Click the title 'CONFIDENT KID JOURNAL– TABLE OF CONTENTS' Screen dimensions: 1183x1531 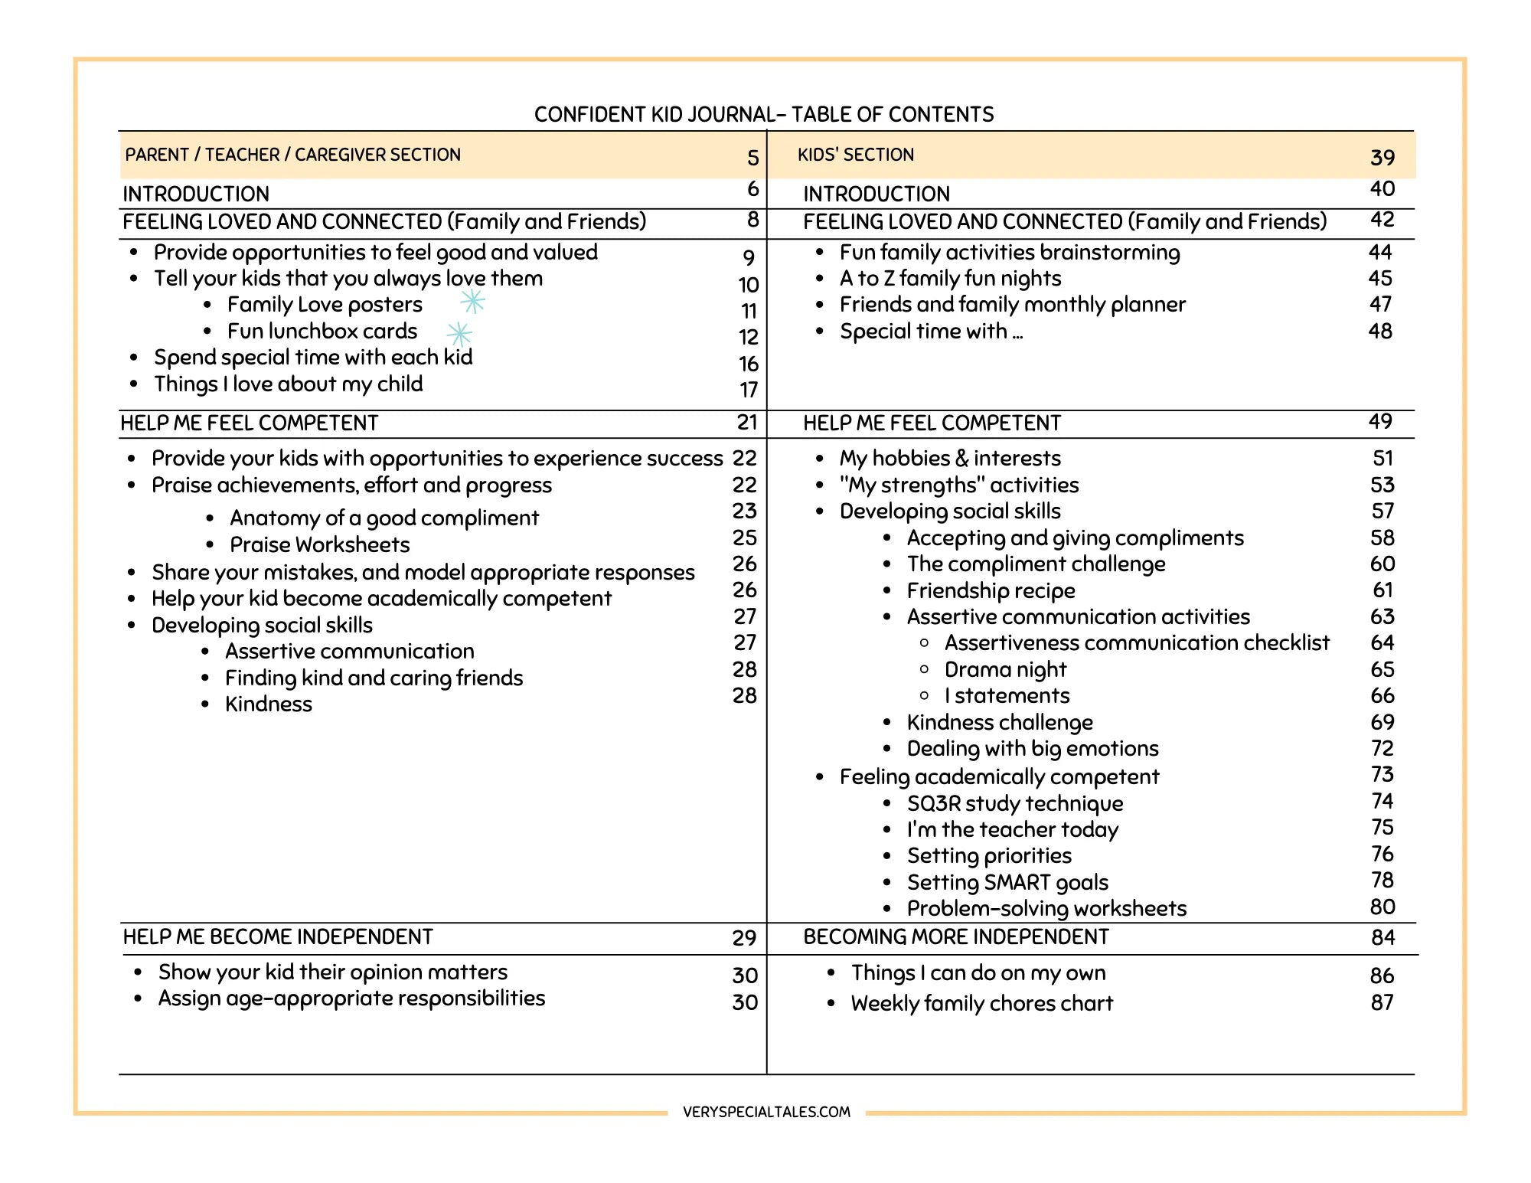(x=763, y=115)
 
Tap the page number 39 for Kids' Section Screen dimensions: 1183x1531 (x=1382, y=158)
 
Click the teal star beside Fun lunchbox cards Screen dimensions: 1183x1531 (x=459, y=334)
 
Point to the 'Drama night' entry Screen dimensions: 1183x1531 (x=1004, y=670)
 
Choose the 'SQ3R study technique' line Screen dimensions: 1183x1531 (x=1014, y=803)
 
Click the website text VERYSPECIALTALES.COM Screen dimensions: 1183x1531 (x=766, y=1112)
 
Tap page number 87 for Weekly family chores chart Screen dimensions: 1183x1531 (x=1382, y=1002)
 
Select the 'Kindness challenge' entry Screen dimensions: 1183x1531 (x=999, y=722)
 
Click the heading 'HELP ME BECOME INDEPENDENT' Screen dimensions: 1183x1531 (x=278, y=937)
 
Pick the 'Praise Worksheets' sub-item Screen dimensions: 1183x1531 (x=319, y=544)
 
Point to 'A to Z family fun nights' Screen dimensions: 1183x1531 (x=950, y=279)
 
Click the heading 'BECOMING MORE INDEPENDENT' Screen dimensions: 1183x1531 (x=955, y=937)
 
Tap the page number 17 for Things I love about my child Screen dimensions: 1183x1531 (x=748, y=390)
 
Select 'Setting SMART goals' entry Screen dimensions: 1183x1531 (x=1007, y=882)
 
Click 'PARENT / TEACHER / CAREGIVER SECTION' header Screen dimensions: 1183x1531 (x=293, y=155)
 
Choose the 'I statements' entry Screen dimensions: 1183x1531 (x=1006, y=696)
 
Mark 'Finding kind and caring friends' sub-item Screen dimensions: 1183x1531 (x=374, y=678)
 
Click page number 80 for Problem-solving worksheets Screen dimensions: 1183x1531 (x=1382, y=907)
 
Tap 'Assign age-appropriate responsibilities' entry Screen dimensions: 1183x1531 (x=351, y=998)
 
